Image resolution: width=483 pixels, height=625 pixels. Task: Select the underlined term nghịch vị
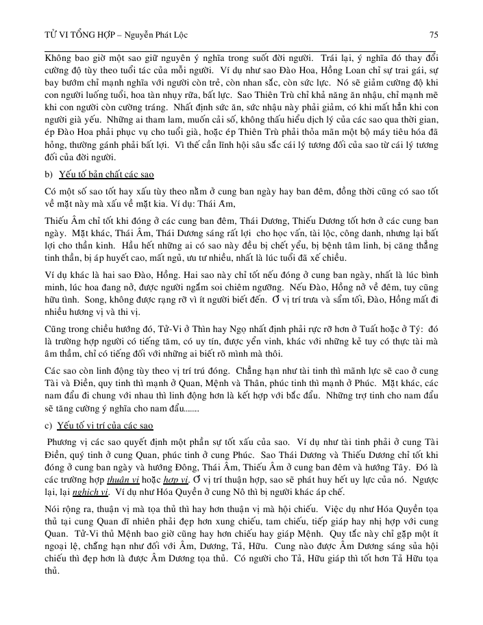86,492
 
